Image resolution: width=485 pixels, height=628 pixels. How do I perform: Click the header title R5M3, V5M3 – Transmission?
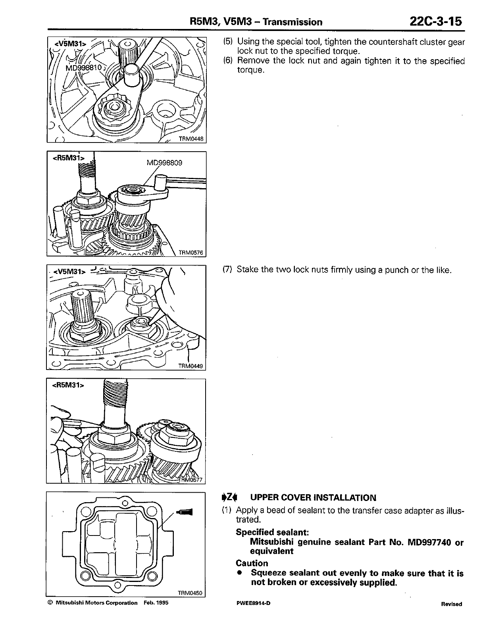coord(256,22)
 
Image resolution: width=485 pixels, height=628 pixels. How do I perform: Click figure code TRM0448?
coord(191,139)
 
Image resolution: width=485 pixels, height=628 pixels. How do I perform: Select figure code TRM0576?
coord(191,252)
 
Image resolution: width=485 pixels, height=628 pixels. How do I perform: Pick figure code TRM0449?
coord(191,366)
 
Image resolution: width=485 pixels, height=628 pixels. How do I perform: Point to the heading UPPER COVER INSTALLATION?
coord(313,498)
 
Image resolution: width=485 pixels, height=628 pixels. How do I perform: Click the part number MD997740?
coord(430,542)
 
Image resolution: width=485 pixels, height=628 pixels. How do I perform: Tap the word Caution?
coord(252,563)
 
